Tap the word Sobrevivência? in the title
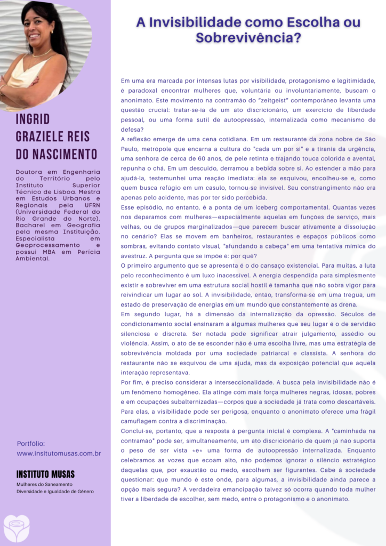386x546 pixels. [248, 38]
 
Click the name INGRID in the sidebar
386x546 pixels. [33, 119]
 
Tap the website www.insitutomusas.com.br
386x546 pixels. [59, 453]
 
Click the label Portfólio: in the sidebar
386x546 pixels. [31, 444]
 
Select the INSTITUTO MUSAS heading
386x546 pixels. [46, 474]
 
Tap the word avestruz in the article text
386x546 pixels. [133, 255]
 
